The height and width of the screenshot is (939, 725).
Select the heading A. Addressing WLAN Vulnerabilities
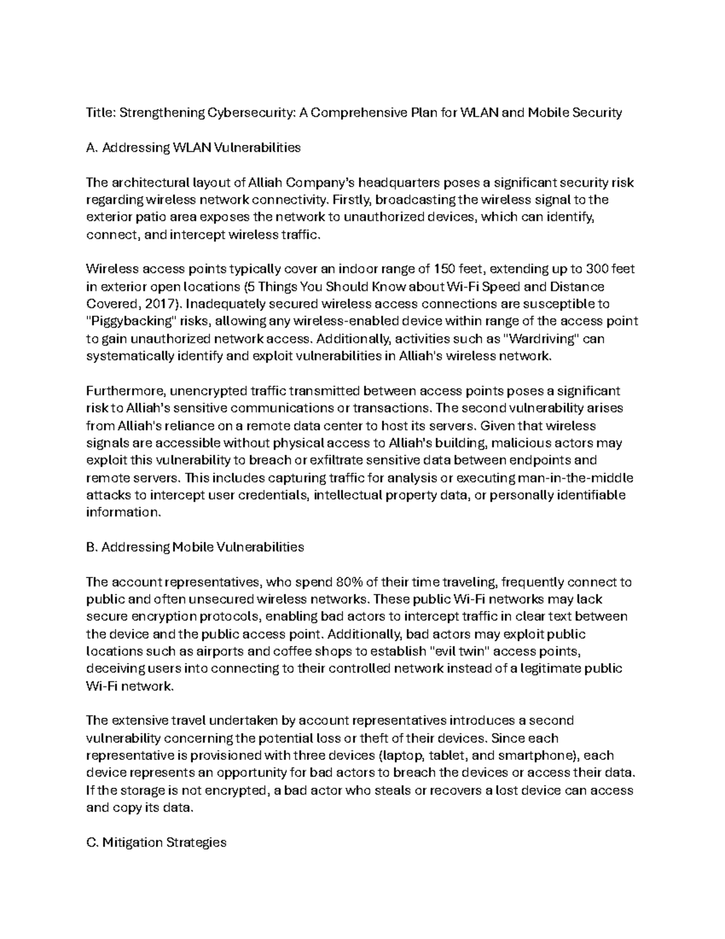pos(193,148)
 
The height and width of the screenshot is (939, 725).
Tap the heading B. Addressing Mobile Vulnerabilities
pos(195,547)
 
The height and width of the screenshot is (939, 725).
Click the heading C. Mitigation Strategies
pos(156,842)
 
